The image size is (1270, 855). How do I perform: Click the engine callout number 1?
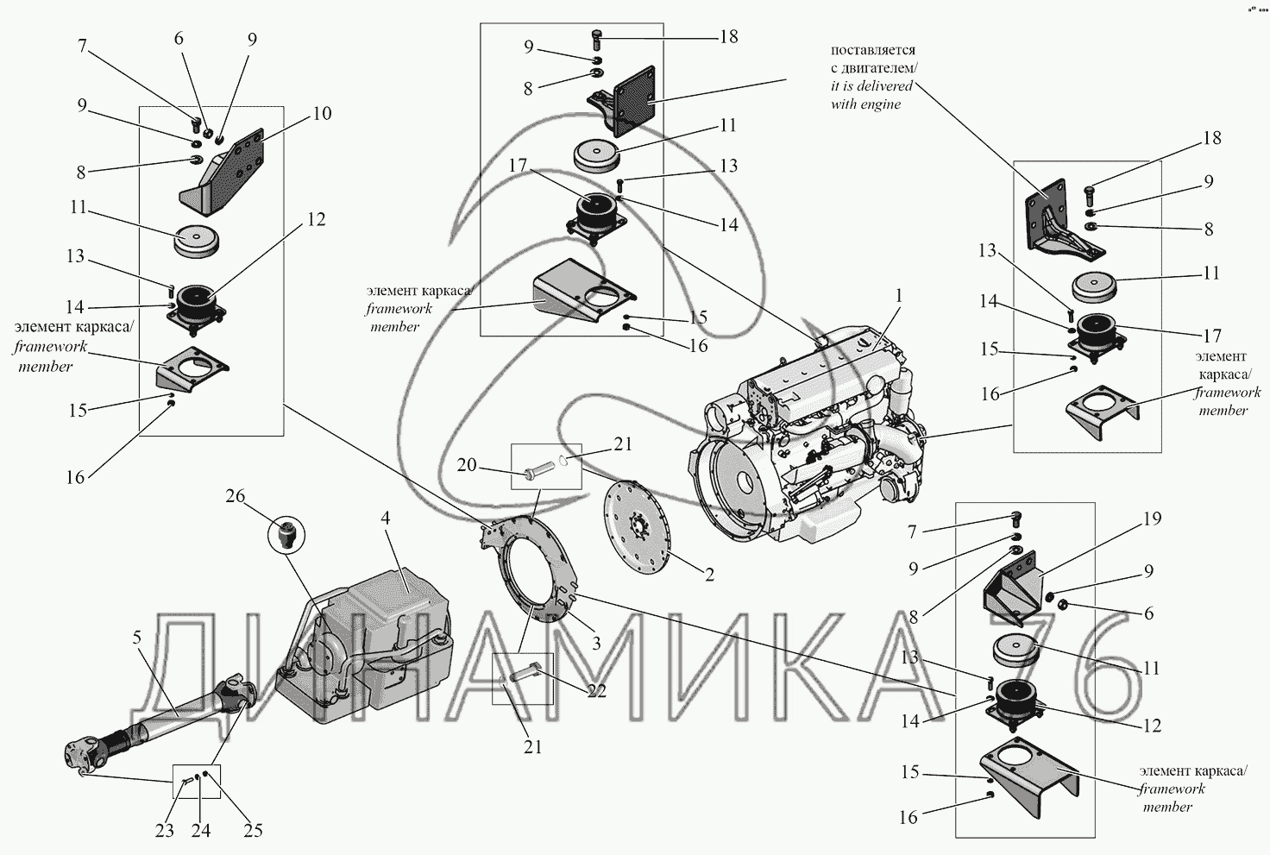898,296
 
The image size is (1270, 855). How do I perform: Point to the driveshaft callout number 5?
136,638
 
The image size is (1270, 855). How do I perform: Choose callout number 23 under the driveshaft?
164,830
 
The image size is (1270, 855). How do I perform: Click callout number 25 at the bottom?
252,830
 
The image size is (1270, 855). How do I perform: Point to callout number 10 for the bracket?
322,113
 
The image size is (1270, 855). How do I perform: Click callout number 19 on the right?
1152,519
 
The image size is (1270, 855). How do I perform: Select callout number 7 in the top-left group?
82,45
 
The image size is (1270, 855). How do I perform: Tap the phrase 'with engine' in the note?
865,104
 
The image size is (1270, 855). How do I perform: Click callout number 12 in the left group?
316,219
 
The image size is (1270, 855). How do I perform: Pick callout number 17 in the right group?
1211,335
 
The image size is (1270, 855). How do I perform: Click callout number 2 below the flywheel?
708,575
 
